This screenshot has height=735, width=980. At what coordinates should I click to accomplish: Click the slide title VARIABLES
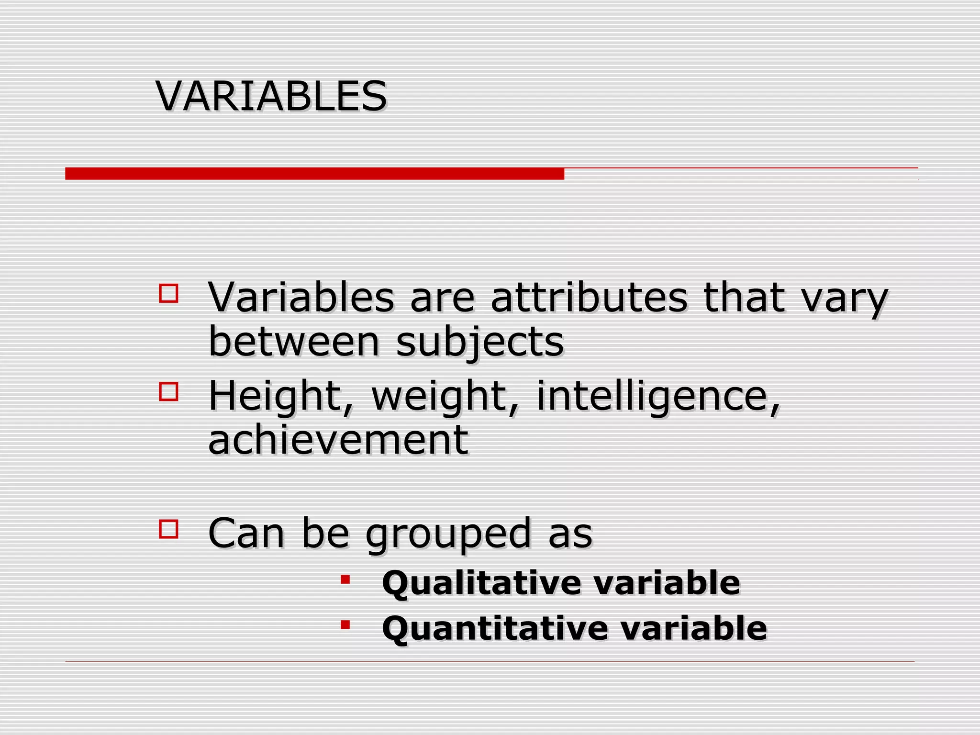point(271,96)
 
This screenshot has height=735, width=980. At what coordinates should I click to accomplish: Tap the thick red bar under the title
point(314,174)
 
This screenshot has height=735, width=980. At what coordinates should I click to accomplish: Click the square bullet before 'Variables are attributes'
point(168,293)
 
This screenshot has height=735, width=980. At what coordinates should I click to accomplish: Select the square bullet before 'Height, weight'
point(168,391)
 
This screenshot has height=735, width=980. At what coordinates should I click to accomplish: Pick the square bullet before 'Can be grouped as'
point(168,529)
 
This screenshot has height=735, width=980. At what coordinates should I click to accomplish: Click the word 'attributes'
point(589,298)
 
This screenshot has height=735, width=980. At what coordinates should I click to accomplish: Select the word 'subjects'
point(480,343)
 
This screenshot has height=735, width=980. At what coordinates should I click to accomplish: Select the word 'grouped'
point(448,535)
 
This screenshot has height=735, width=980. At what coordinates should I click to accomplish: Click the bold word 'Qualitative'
point(481,583)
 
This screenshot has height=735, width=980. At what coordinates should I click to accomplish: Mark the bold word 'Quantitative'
point(494,628)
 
